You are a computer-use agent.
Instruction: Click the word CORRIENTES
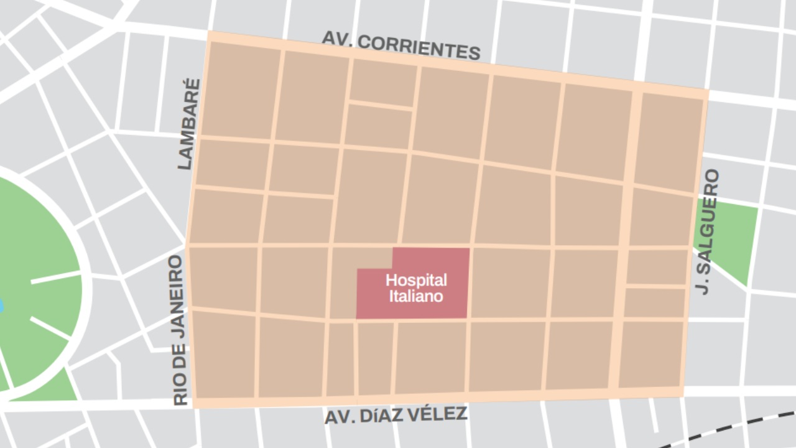click(420, 48)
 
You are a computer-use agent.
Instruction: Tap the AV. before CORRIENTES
click(338, 39)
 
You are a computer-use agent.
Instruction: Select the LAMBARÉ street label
click(189, 124)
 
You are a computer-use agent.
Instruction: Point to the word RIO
click(180, 392)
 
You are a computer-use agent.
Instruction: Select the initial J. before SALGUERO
click(706, 286)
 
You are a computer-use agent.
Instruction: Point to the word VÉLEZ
click(441, 413)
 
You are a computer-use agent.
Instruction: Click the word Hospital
click(416, 280)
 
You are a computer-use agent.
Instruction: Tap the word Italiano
click(416, 296)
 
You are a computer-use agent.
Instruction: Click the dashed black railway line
click(728, 429)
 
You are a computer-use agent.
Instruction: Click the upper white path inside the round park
click(55, 277)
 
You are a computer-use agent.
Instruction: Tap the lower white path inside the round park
click(50, 327)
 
